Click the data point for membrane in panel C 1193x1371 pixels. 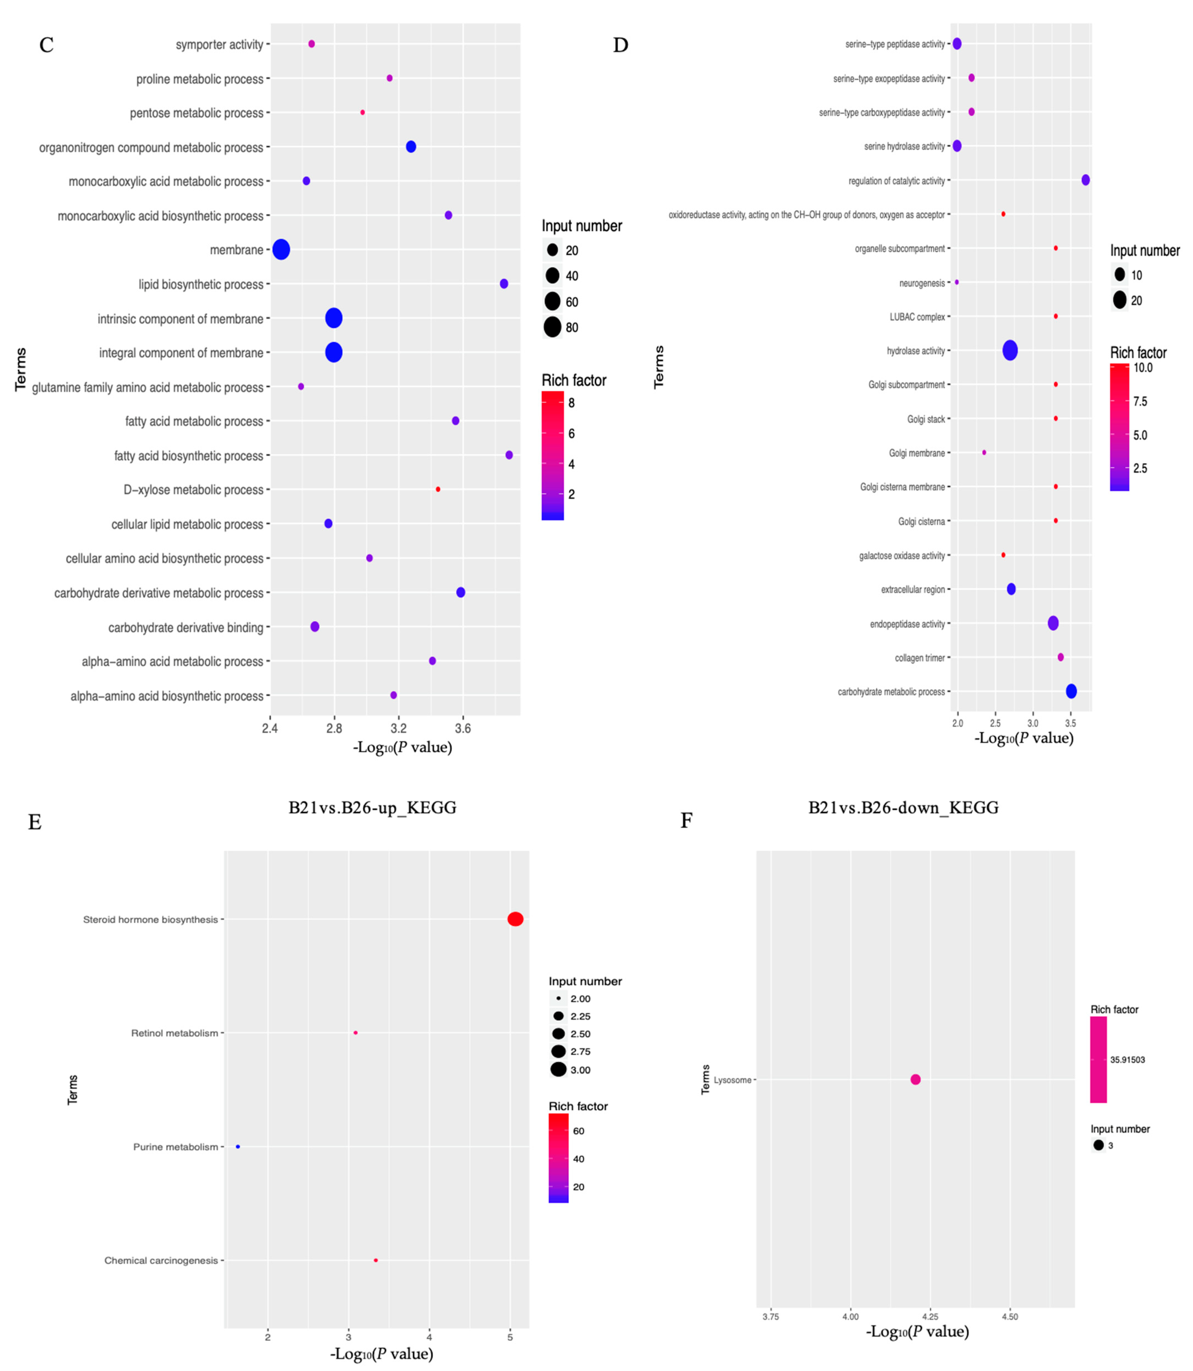(281, 250)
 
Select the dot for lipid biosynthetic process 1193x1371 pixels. (504, 284)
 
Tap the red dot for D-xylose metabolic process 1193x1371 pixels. (438, 489)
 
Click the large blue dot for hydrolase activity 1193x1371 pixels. (1010, 350)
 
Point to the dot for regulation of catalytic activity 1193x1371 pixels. (1086, 180)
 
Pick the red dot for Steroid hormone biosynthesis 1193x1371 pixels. (515, 919)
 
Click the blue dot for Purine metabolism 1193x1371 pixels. (238, 1147)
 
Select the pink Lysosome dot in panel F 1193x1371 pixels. (915, 1079)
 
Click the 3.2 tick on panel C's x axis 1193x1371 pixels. (399, 728)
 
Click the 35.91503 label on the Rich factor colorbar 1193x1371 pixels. (1127, 1060)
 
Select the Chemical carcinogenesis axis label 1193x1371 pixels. (161, 1261)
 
